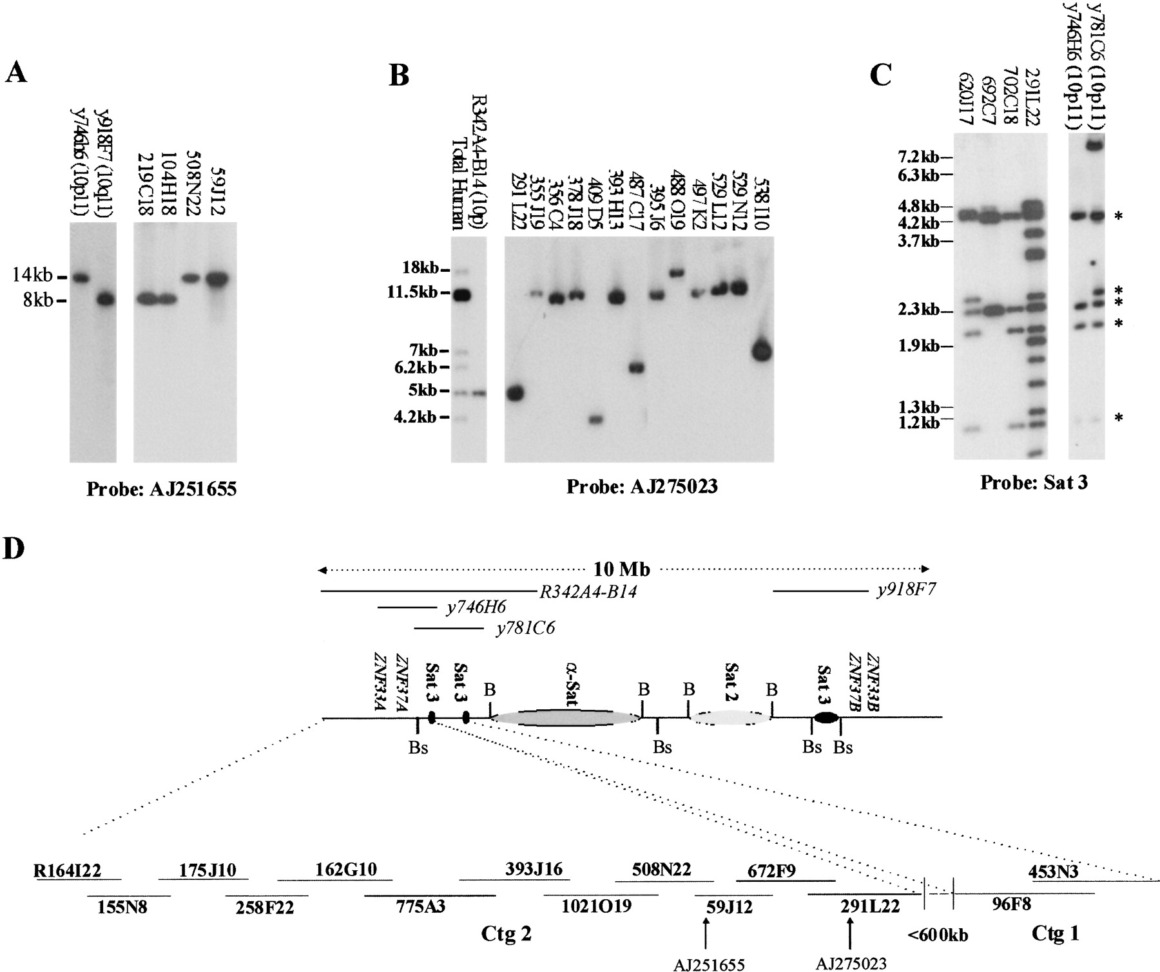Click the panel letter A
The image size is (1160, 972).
(x=16, y=72)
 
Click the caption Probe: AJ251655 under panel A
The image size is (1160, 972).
(x=161, y=490)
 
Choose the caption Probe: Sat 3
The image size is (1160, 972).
(x=1034, y=482)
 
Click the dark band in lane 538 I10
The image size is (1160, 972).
(x=761, y=352)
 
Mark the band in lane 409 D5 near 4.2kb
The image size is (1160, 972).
(x=595, y=419)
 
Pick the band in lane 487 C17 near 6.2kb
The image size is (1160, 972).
(x=636, y=368)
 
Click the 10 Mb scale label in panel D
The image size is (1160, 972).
(x=621, y=569)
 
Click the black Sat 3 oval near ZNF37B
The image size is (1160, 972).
(x=826, y=717)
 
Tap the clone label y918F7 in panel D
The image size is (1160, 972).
(x=905, y=591)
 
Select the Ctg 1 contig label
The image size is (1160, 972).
(x=1054, y=933)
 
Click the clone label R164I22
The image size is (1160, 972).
(x=68, y=870)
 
